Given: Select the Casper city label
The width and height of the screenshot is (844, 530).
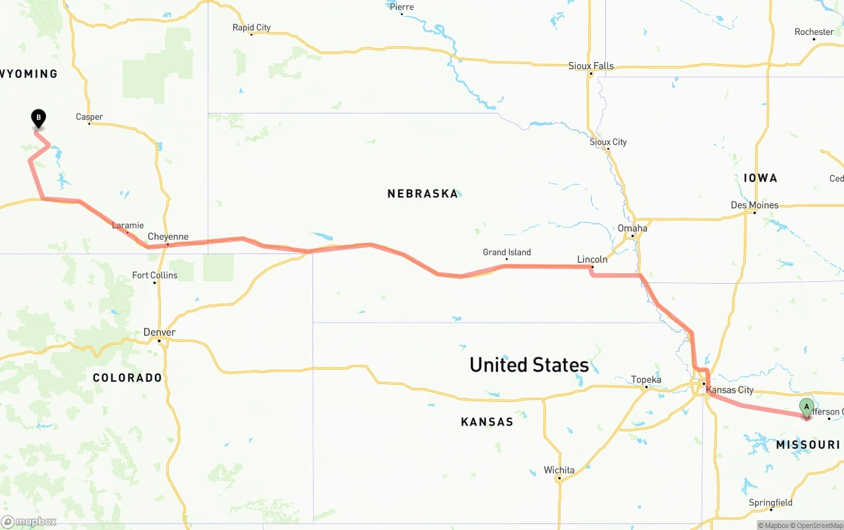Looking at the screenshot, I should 89,117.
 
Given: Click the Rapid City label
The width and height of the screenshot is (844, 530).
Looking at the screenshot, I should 251,28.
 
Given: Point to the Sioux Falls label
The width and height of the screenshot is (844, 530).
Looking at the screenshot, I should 591,66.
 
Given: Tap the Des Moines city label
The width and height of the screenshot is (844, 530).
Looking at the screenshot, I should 754,205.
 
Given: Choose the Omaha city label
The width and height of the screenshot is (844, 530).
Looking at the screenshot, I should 632,228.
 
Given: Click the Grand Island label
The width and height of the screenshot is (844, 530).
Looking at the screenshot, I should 506,252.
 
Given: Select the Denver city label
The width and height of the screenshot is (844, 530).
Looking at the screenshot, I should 160,332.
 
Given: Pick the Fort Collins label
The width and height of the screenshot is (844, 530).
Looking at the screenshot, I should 154,275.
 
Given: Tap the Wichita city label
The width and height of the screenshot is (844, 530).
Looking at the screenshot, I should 558,470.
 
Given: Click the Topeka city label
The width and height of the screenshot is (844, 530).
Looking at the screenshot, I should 646,380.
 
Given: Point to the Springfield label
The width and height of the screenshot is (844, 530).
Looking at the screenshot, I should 770,502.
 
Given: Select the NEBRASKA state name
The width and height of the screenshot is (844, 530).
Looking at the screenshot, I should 423,193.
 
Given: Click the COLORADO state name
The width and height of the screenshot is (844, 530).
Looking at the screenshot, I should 127,378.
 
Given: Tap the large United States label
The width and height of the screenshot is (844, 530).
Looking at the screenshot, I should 529,364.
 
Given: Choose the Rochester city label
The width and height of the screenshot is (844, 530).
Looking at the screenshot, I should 814,32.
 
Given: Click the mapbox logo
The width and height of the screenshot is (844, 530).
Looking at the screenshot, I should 29,521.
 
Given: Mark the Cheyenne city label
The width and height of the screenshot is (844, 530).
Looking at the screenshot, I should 167,237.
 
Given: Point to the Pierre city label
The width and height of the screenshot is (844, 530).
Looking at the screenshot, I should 402,7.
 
